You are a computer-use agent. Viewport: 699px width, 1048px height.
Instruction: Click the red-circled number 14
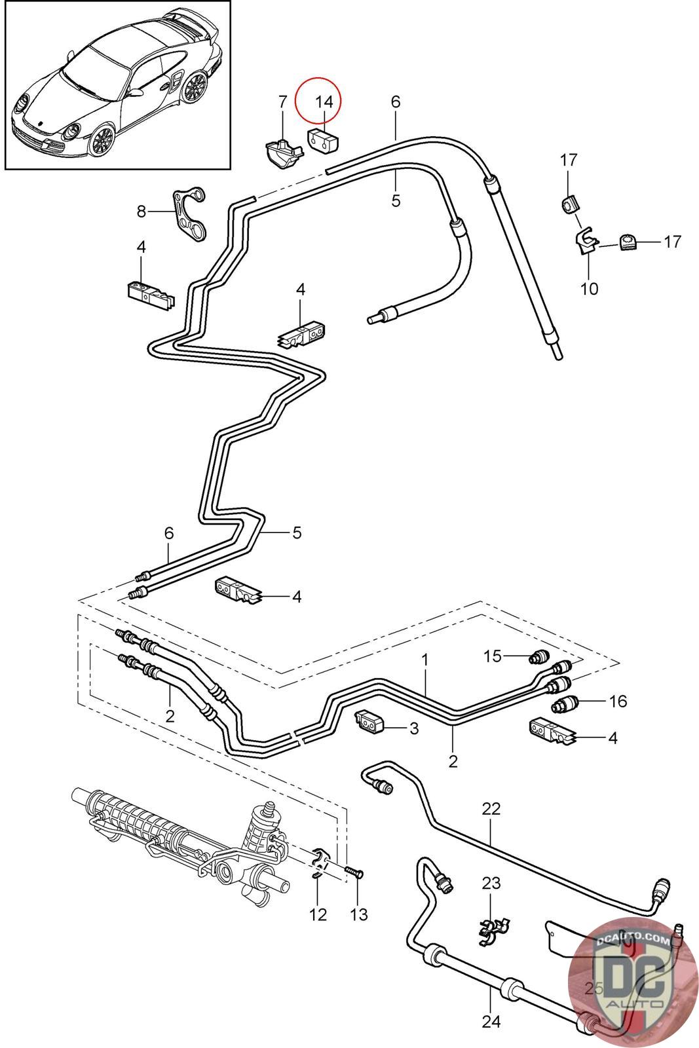pos(324,102)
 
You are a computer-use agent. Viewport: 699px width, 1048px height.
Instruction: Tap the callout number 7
pos(282,102)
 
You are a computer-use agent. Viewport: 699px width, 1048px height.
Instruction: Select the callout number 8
pos(142,212)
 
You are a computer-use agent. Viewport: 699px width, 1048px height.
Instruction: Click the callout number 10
pos(589,289)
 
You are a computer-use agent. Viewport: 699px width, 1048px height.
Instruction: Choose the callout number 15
pos(492,656)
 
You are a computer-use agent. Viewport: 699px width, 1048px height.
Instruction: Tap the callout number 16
pos(618,701)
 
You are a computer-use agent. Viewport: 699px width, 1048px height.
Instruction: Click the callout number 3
pos(413,728)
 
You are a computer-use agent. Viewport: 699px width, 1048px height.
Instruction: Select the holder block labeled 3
pos(369,720)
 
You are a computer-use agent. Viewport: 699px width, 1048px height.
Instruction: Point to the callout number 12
pos(318,914)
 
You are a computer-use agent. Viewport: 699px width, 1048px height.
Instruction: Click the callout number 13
pos(358,914)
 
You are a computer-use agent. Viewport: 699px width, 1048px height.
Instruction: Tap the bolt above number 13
pos(356,871)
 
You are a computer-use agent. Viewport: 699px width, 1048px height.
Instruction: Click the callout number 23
pos(491,883)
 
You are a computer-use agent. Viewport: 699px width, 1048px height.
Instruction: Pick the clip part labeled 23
pos(493,929)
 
